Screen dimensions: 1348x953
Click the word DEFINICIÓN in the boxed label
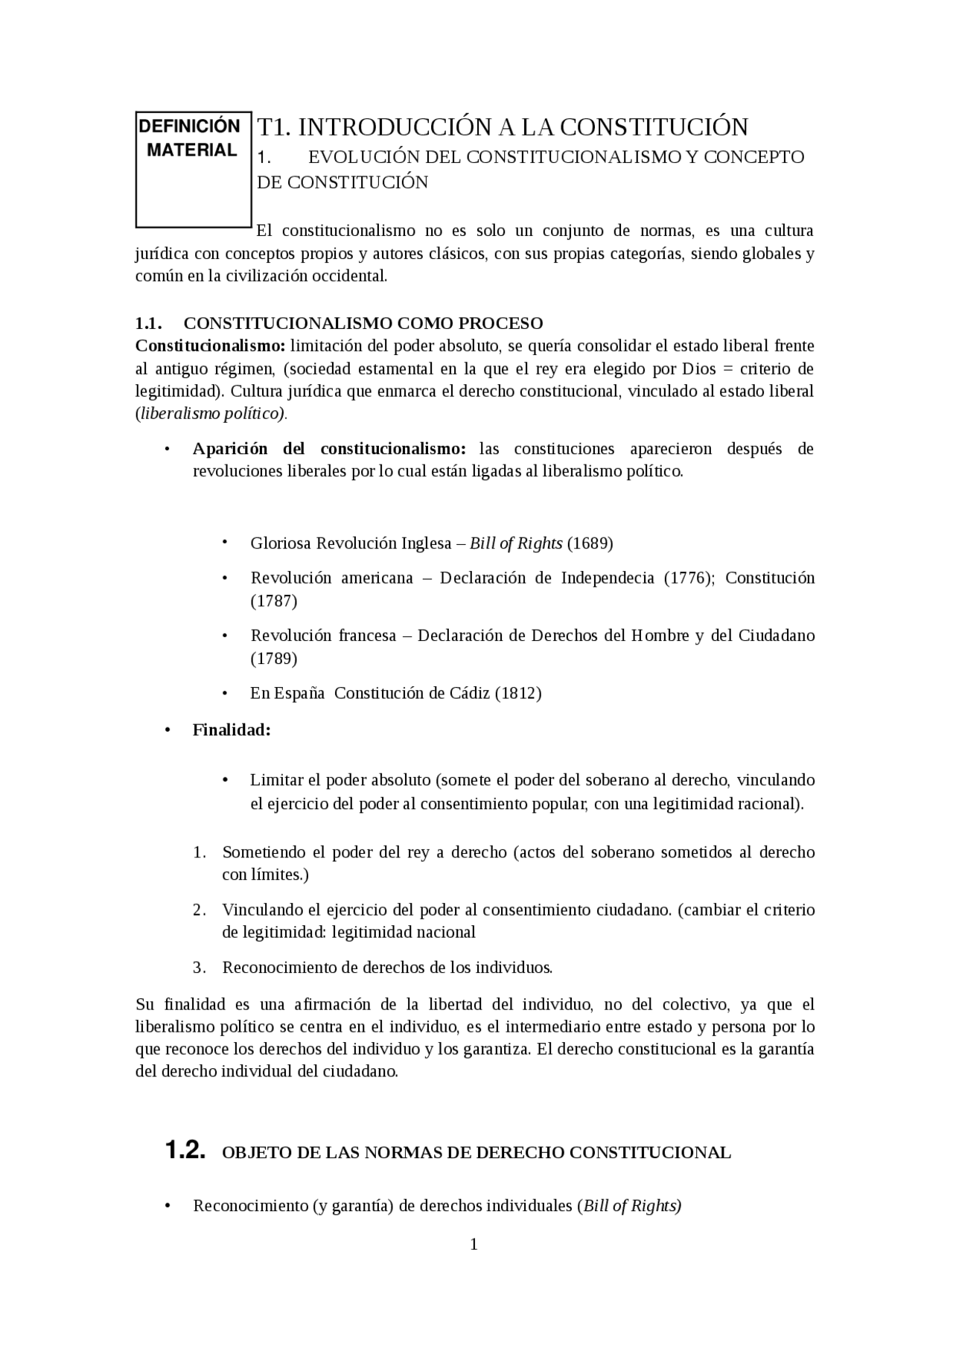click(x=191, y=126)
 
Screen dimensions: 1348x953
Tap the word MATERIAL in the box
click(x=191, y=150)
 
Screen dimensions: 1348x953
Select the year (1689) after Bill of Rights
click(x=590, y=543)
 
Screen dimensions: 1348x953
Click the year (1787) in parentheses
click(x=274, y=601)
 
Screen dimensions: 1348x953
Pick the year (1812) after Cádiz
click(x=518, y=693)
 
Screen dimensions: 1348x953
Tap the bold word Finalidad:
click(x=232, y=730)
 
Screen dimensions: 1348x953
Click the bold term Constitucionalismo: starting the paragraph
click(x=210, y=346)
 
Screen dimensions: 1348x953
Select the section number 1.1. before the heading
click(x=149, y=323)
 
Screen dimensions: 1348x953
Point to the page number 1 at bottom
click(x=474, y=1245)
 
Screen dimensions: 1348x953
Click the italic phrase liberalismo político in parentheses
click(x=211, y=414)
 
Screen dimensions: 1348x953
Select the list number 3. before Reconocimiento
click(x=199, y=968)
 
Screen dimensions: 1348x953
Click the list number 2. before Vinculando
click(x=199, y=910)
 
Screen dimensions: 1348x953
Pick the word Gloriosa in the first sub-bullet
click(x=281, y=543)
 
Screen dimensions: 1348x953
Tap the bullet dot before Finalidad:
click(x=168, y=729)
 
